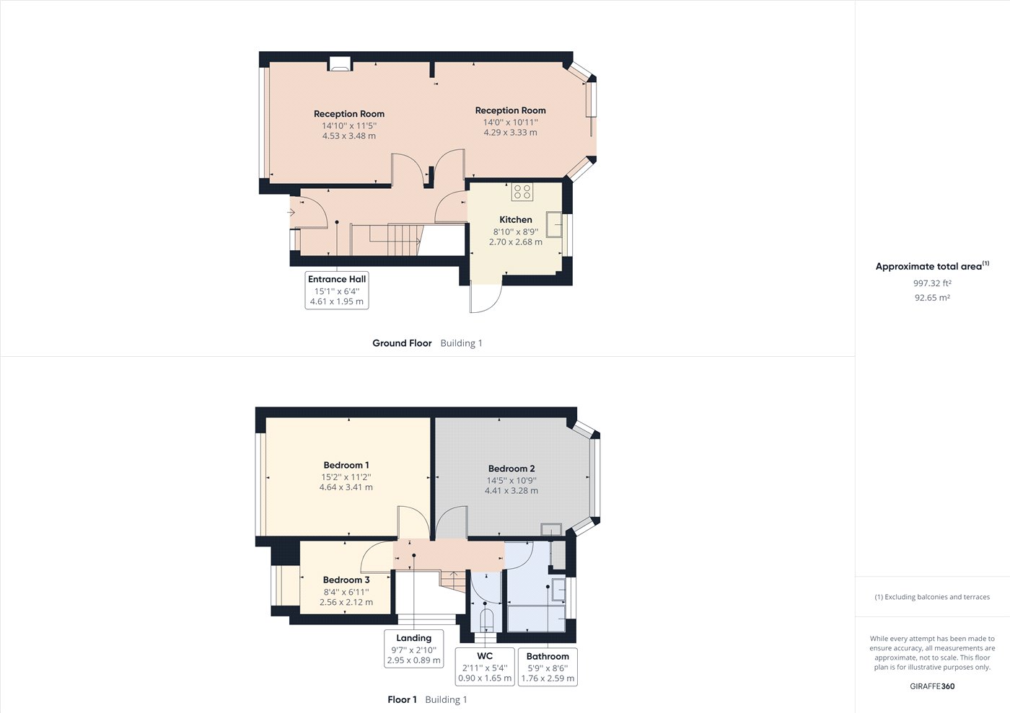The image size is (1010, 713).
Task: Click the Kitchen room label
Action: pyautogui.click(x=516, y=220)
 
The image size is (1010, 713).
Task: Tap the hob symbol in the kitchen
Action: pyautogui.click(x=522, y=192)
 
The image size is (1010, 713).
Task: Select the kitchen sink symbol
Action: pyautogui.click(x=554, y=224)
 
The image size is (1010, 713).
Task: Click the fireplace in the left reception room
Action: pyautogui.click(x=341, y=64)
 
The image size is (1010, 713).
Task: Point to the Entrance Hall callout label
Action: pyautogui.click(x=337, y=280)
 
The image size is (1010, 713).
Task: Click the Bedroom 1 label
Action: pyautogui.click(x=346, y=466)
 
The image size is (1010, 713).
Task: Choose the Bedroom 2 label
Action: pyautogui.click(x=511, y=469)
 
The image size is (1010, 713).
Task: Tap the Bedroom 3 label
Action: pyautogui.click(x=346, y=580)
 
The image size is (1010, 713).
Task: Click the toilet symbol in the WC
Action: pyautogui.click(x=486, y=620)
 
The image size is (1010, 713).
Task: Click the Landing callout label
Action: pyautogui.click(x=414, y=639)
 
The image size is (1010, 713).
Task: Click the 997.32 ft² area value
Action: pyautogui.click(x=932, y=283)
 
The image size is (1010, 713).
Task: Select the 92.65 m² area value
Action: pyautogui.click(x=932, y=298)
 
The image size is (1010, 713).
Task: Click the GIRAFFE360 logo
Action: pyautogui.click(x=932, y=686)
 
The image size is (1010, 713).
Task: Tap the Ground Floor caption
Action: pyautogui.click(x=402, y=343)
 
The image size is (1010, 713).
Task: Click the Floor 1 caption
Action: pyautogui.click(x=403, y=700)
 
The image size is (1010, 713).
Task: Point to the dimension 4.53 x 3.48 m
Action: pyautogui.click(x=349, y=136)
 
